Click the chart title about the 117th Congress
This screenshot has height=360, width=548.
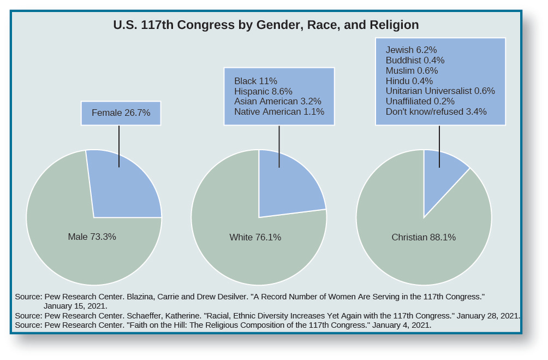266,25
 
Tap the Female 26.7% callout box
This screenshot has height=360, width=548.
121,113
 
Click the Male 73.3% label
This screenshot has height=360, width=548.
92,237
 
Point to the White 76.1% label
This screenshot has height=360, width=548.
255,237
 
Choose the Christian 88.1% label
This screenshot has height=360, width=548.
423,237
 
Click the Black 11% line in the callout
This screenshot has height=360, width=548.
255,81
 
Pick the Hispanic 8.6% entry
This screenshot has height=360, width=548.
263,91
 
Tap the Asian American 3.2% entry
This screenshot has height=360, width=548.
277,101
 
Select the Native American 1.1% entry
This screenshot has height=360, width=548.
279,111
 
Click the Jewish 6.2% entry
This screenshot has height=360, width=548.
411,50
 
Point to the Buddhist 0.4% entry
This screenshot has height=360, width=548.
415,60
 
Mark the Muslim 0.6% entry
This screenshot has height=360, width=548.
412,70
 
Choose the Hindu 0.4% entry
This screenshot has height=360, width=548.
409,81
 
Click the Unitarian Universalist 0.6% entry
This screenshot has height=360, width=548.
440,91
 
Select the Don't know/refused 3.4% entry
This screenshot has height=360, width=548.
436,111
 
